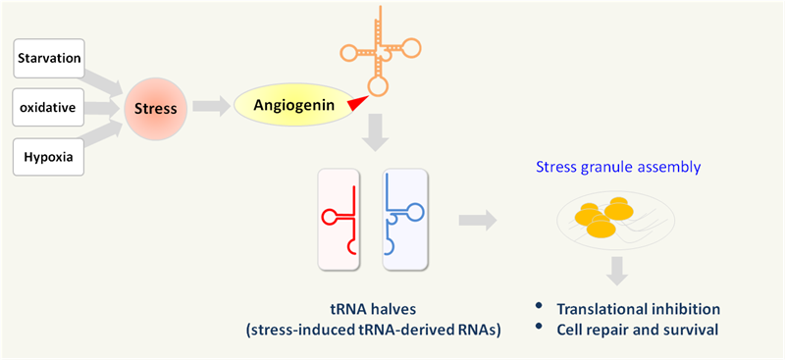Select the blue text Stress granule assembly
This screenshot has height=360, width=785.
618,167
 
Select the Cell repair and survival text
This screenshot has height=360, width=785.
638,330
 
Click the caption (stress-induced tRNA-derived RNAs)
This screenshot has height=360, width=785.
376,330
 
